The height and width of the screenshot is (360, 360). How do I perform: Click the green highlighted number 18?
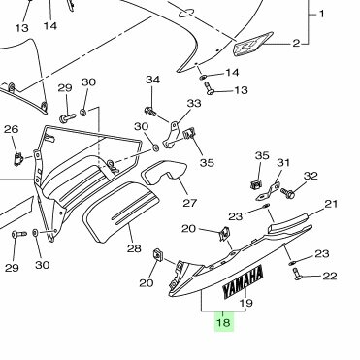tap(224, 322)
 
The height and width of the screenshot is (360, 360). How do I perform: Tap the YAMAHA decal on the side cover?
tap(244, 281)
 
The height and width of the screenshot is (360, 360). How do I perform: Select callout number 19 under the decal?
tap(246, 303)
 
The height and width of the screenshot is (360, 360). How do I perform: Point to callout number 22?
tap(330, 276)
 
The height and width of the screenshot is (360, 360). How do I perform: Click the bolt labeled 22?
tap(297, 274)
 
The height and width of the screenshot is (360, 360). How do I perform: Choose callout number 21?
tap(331, 204)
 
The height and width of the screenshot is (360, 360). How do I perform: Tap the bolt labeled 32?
tap(287, 193)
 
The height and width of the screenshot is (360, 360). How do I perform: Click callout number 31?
tap(283, 162)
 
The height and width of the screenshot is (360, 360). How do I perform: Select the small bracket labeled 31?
tap(268, 192)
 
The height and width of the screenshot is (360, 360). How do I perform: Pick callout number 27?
tap(190, 203)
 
